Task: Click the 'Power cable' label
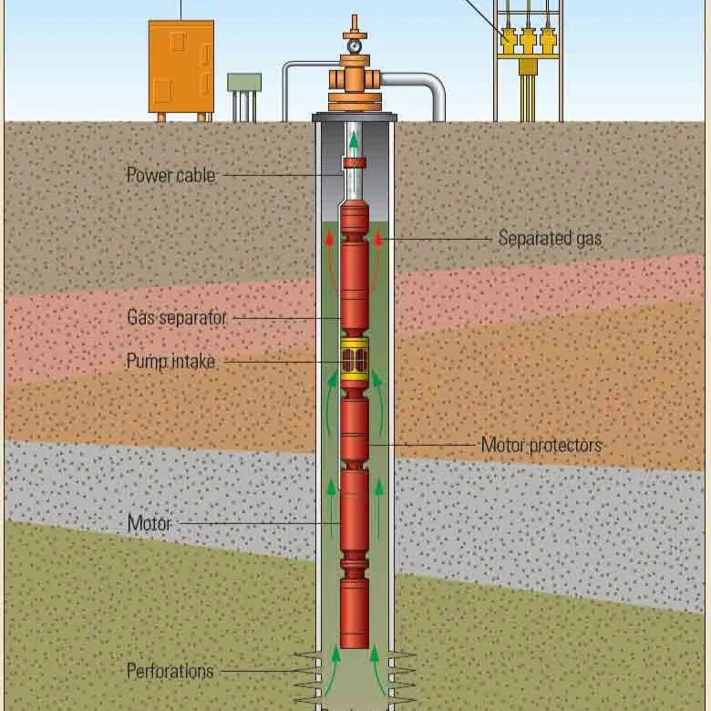click(171, 176)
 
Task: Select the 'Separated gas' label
click(550, 239)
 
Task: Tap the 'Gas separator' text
click(177, 317)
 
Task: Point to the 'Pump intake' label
click(170, 361)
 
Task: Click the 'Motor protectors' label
click(541, 445)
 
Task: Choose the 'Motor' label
click(149, 523)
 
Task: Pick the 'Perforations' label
click(170, 671)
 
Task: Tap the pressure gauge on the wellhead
click(355, 46)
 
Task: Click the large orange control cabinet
click(181, 67)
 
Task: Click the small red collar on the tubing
click(355, 163)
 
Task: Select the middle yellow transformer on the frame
click(529, 39)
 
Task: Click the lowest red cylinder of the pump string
click(355, 613)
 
